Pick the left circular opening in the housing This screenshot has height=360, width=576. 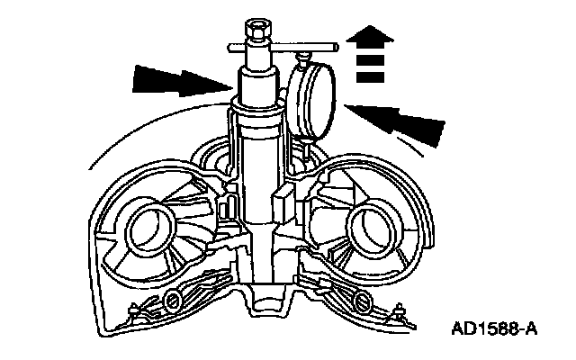146,229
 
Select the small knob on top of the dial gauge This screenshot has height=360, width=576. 303,59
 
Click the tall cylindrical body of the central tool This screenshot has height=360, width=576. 261,171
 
